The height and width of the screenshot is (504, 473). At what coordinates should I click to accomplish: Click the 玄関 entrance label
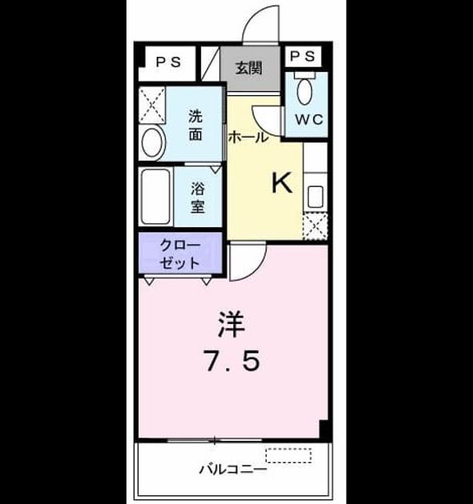(249, 68)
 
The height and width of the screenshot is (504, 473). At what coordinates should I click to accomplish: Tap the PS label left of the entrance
(169, 62)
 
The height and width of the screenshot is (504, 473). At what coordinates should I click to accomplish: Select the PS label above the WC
(303, 56)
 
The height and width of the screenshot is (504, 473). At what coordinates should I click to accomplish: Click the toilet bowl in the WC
(304, 91)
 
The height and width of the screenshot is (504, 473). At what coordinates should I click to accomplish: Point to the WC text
(309, 119)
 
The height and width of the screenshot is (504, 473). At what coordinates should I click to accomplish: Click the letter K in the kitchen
(282, 182)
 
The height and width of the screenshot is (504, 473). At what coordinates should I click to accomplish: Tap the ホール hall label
(248, 138)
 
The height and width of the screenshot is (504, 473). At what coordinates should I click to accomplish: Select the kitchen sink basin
(315, 196)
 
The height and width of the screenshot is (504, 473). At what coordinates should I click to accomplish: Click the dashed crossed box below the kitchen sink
(315, 226)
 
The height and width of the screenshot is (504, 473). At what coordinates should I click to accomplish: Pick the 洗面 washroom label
(195, 126)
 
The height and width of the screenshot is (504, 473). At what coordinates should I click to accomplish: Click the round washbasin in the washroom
(153, 143)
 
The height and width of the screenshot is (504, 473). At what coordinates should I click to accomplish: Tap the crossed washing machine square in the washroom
(152, 105)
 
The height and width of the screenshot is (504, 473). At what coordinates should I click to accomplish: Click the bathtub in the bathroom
(156, 196)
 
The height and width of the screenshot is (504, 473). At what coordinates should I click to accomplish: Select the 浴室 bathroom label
(198, 198)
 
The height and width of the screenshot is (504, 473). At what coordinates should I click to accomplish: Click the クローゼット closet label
(180, 254)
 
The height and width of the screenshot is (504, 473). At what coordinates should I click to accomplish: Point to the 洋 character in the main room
(231, 324)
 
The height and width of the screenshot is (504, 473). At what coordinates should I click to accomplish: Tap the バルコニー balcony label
(233, 470)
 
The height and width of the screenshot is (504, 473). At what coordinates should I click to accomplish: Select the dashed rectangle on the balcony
(288, 455)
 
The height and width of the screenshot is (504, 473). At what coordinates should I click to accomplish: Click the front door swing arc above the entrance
(254, 16)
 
